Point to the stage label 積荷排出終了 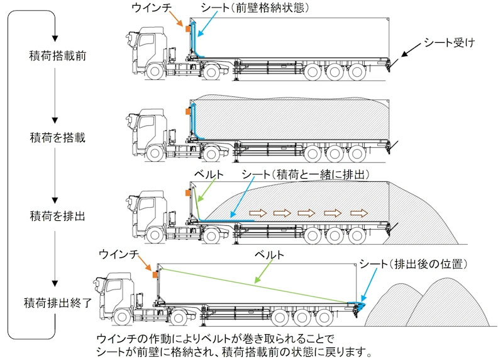tap(58, 301)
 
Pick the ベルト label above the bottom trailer tap(268, 255)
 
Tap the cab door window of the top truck tap(145, 42)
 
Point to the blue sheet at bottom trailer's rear tap(361, 306)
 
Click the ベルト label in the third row tap(204, 173)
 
